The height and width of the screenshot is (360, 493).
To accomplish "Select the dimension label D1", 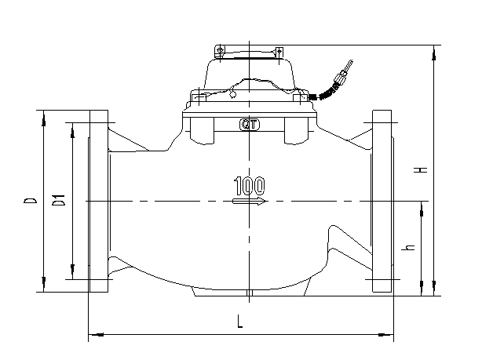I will [58, 202].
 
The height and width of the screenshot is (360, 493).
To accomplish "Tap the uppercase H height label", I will [422, 169].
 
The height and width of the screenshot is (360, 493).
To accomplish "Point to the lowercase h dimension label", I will [408, 248].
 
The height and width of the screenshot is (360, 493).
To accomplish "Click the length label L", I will [239, 321].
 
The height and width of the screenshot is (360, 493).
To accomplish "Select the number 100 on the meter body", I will [249, 187].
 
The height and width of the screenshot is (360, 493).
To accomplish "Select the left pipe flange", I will [99, 202].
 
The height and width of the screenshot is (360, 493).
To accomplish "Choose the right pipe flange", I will [382, 202].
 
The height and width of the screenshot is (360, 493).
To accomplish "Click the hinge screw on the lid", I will [221, 52].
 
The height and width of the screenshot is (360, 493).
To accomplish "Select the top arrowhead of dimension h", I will [422, 207].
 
